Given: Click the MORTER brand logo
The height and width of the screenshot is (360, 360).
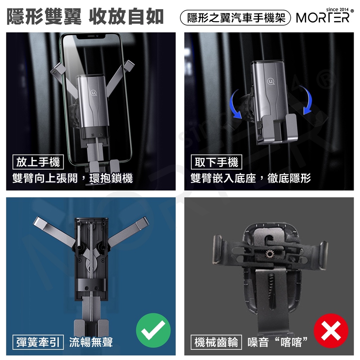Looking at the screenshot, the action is pyautogui.click(x=323, y=18).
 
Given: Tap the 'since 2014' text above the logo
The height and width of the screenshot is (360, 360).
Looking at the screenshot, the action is pyautogui.click(x=337, y=9).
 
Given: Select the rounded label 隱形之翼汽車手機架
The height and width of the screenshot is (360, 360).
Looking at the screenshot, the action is pyautogui.click(x=236, y=18).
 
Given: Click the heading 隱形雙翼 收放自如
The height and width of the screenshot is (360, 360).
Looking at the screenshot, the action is pyautogui.click(x=85, y=17).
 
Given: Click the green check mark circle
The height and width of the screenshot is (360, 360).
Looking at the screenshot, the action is pyautogui.click(x=153, y=330).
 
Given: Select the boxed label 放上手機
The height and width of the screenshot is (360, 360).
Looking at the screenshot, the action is pyautogui.click(x=38, y=162).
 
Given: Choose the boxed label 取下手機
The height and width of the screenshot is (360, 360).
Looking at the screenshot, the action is pyautogui.click(x=217, y=162).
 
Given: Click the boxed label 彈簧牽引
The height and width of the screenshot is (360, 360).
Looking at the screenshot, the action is pyautogui.click(x=38, y=342).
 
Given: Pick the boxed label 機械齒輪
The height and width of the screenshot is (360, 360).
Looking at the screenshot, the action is pyautogui.click(x=216, y=342).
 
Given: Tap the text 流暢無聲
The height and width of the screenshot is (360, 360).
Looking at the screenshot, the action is pyautogui.click(x=91, y=342).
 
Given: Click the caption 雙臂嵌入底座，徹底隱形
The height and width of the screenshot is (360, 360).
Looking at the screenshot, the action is pyautogui.click(x=251, y=178).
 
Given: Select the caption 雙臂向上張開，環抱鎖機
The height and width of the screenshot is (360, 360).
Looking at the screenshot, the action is pyautogui.click(x=72, y=178).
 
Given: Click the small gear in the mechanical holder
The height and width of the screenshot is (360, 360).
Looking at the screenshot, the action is pyautogui.click(x=270, y=254).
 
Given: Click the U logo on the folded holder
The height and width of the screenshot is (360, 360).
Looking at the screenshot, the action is pyautogui.click(x=271, y=81).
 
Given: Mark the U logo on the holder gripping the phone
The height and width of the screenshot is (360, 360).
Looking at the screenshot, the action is pyautogui.click(x=93, y=93).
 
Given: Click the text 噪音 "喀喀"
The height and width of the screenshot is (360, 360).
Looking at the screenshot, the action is pyautogui.click(x=277, y=342).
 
